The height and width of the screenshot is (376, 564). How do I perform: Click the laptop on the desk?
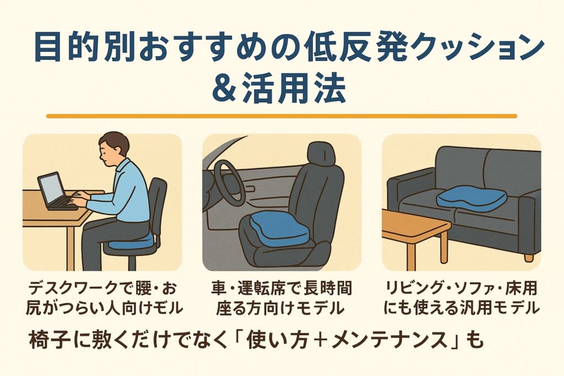click(57, 192)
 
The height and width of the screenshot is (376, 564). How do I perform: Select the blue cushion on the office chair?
click(131, 241)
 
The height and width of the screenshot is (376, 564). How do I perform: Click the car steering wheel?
click(230, 183)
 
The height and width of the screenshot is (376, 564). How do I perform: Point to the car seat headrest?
click(321, 154)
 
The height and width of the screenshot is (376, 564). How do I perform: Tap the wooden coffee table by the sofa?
click(415, 238)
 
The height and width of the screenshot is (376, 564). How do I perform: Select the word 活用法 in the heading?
click(294, 89)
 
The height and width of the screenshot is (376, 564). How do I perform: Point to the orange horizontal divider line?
click(281, 116)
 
